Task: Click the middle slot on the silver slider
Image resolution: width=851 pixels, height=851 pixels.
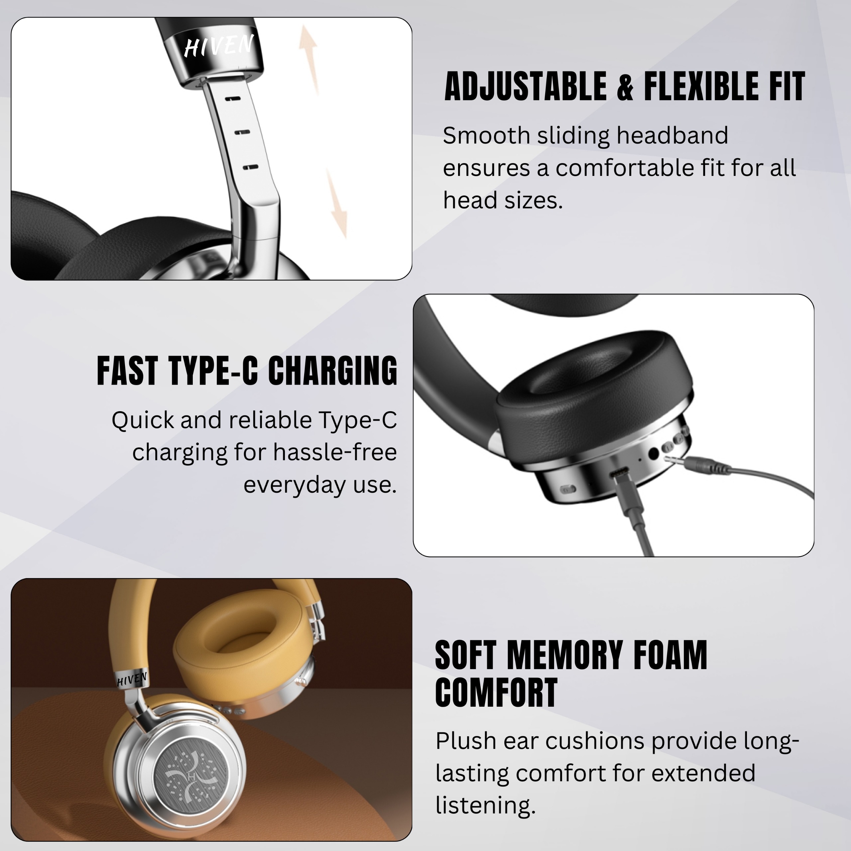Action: point(242,133)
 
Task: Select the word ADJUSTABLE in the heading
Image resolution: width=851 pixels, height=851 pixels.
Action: point(526,86)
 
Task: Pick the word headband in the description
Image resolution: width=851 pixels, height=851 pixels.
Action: point(672,135)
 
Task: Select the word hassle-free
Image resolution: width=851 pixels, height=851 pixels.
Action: point(335,452)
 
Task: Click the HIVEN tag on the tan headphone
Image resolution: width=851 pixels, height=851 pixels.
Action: point(131,680)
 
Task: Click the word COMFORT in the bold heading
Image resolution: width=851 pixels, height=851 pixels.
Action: point(496,693)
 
